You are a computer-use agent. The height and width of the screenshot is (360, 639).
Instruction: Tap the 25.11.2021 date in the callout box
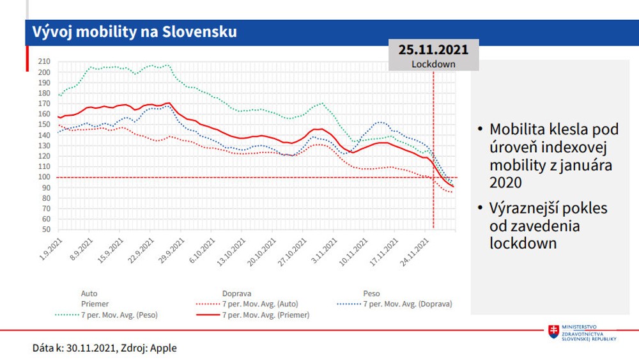point(433,50)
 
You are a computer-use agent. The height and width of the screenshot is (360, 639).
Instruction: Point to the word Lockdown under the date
point(433,64)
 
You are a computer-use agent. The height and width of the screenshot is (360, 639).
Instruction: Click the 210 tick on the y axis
point(44,61)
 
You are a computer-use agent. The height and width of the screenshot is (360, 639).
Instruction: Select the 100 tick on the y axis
point(44,177)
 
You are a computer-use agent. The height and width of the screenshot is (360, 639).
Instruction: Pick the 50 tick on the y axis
point(44,230)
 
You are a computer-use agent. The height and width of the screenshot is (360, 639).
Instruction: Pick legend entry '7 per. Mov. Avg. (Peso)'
point(119,315)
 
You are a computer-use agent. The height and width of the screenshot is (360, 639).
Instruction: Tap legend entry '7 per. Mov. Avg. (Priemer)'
point(266,315)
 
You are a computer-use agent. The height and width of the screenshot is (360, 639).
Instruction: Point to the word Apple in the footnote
point(164,348)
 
